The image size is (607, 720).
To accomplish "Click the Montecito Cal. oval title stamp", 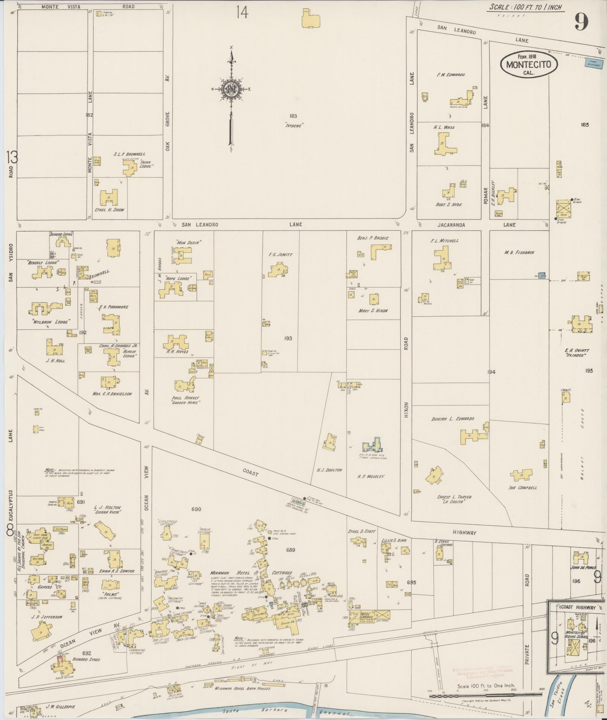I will (x=529, y=64).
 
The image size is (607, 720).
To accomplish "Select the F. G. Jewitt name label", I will (x=280, y=255).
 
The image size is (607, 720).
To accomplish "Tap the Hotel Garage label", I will (x=366, y=616).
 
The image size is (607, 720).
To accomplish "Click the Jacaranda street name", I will (x=451, y=225).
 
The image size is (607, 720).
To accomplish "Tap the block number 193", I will (x=288, y=338).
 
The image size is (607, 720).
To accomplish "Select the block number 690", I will (x=196, y=509).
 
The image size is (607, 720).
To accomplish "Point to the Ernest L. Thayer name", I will (x=454, y=497).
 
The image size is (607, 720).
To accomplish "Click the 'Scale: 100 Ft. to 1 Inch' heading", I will (x=525, y=7).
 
